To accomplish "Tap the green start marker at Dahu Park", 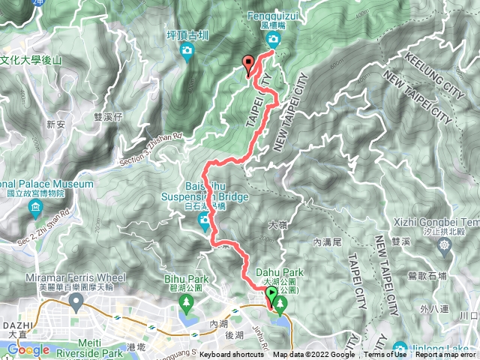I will [271, 302].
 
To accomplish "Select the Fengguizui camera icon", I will [274, 39].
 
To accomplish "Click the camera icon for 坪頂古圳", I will [187, 51].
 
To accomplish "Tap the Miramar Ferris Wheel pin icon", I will [75, 301].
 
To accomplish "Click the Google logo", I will [28, 349].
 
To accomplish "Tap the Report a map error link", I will [447, 355].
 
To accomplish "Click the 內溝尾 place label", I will [327, 242].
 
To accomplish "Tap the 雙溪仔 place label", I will [108, 116].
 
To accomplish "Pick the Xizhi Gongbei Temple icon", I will [446, 245].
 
